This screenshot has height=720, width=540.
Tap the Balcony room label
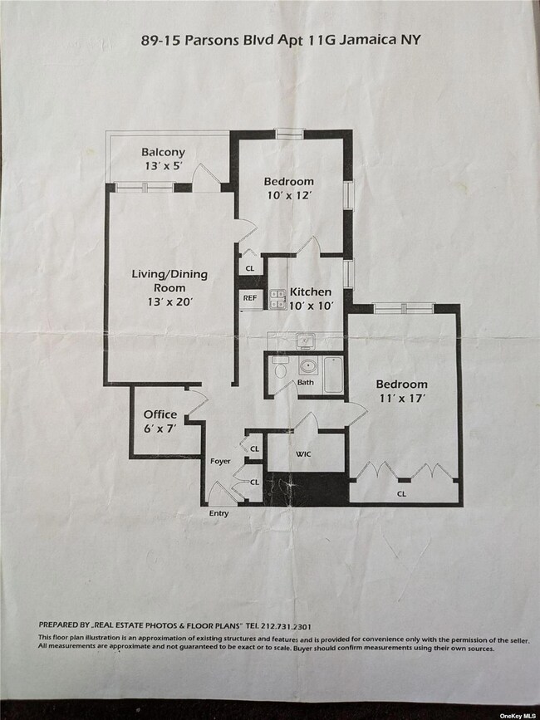(x=163, y=152)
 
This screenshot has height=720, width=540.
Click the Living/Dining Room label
(x=169, y=280)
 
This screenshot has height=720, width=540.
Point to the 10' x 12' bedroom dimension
(x=288, y=195)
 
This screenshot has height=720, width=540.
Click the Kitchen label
(x=310, y=291)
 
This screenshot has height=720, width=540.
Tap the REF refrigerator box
(x=250, y=298)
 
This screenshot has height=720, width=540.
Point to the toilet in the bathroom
(x=279, y=368)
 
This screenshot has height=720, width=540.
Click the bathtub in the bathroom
(x=332, y=373)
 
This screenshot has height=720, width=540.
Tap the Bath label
(x=306, y=383)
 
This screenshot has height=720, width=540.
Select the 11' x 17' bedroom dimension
(x=401, y=398)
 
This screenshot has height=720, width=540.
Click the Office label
(x=160, y=414)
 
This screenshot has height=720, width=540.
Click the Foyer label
(x=219, y=461)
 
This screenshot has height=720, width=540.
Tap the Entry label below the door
(x=218, y=513)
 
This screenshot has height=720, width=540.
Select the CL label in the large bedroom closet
(x=401, y=493)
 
